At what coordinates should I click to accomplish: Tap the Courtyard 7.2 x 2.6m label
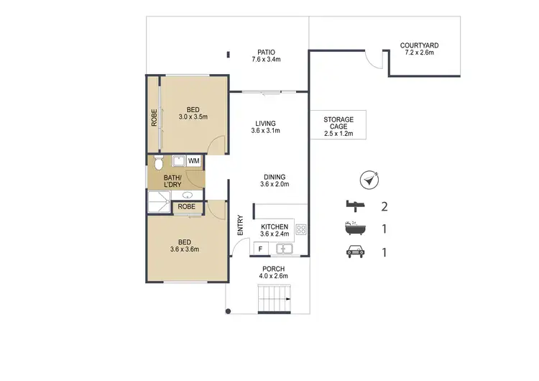click(419, 49)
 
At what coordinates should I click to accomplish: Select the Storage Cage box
click(338, 124)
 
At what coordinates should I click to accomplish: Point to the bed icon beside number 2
click(351, 207)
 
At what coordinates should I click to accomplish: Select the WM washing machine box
click(194, 160)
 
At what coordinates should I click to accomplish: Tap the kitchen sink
click(284, 249)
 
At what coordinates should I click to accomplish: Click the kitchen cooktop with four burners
click(302, 230)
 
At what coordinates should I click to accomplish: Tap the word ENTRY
click(240, 225)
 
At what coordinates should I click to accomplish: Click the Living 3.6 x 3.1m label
click(265, 127)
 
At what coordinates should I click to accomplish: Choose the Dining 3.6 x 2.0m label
click(274, 180)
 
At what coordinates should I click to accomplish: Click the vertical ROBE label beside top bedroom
click(153, 116)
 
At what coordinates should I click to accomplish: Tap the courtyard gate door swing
click(372, 59)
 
